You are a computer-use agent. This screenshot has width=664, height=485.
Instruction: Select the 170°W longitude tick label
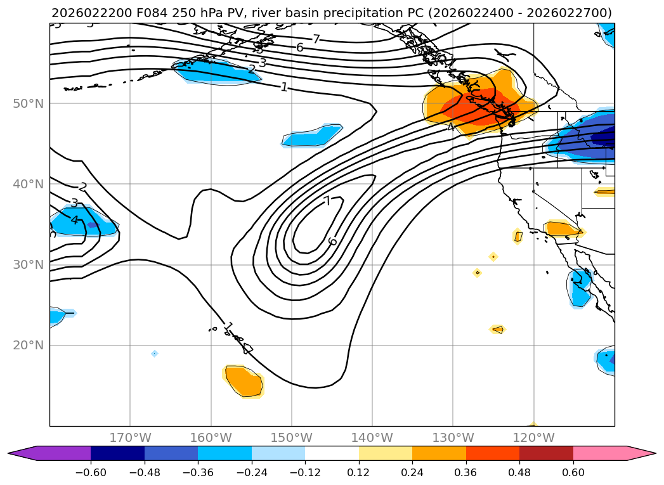(x=130, y=438)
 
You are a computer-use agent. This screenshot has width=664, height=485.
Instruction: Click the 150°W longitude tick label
(x=291, y=438)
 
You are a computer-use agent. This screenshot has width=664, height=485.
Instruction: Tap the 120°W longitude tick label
(x=533, y=438)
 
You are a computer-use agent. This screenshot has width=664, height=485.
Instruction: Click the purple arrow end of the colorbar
(x=23, y=453)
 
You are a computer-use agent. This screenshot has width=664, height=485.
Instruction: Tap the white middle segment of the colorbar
(x=332, y=453)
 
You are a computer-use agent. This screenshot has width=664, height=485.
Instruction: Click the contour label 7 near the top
(x=316, y=39)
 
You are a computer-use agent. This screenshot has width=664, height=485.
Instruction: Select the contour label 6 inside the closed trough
(x=332, y=242)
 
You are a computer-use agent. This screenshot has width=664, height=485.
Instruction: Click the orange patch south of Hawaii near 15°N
(x=244, y=381)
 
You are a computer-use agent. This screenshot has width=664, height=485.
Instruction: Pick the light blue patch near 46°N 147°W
(x=312, y=136)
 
